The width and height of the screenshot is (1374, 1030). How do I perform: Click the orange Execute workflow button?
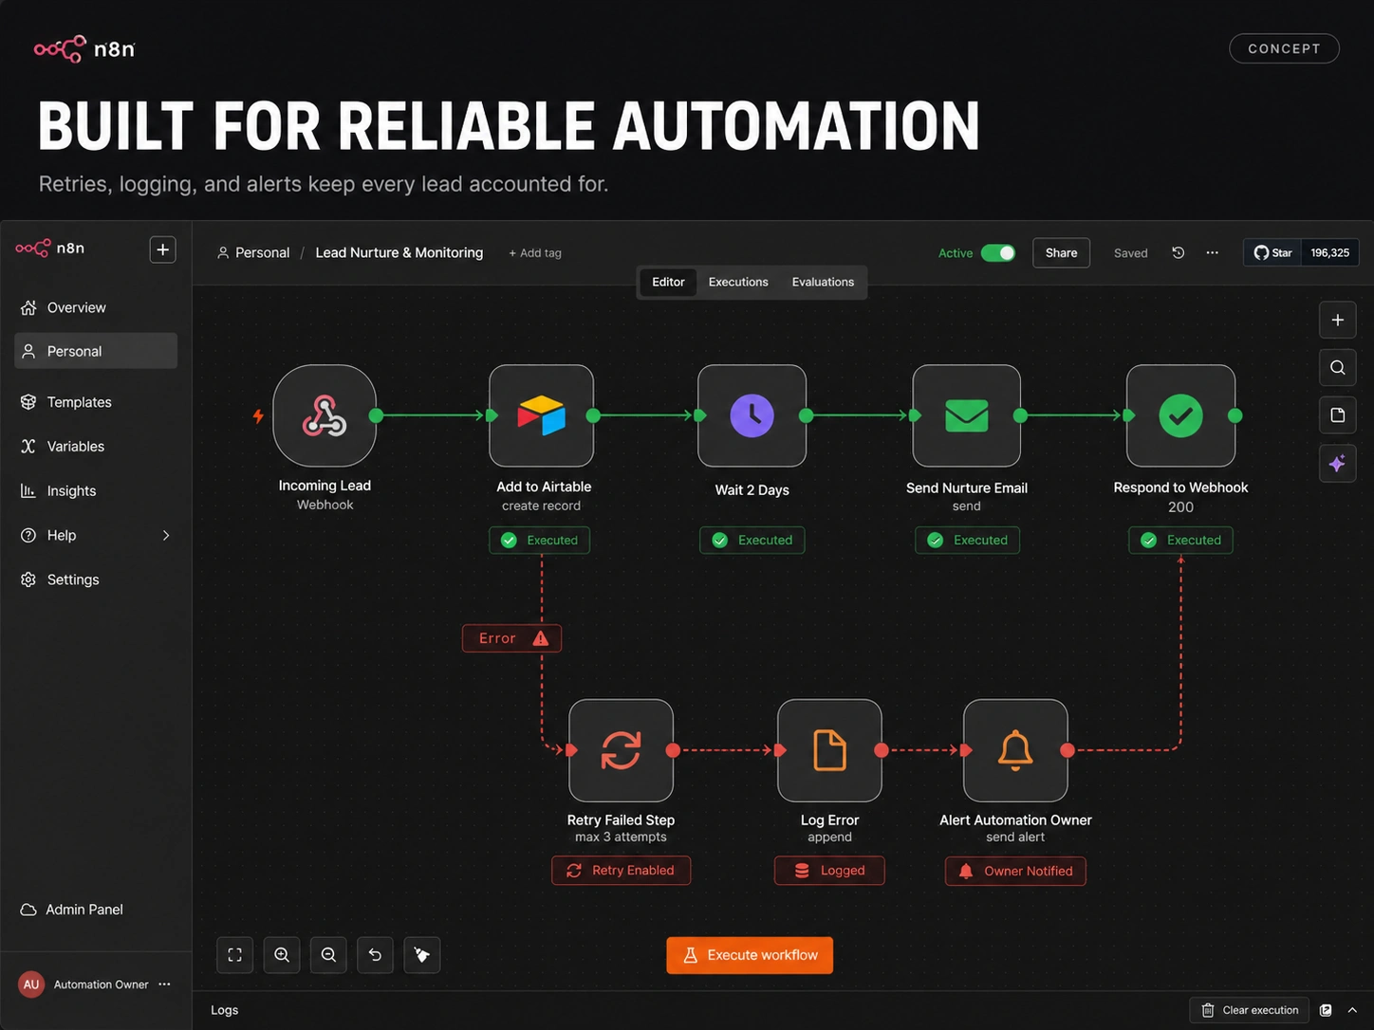click(750, 954)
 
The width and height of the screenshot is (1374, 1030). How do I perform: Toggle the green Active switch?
click(998, 252)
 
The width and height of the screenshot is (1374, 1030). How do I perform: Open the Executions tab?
click(738, 282)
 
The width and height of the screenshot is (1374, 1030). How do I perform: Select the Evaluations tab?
click(823, 282)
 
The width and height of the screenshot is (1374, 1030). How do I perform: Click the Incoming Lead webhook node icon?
click(325, 415)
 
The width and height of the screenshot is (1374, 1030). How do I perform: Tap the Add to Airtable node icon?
click(542, 415)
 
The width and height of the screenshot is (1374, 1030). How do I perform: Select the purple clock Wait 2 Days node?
click(752, 415)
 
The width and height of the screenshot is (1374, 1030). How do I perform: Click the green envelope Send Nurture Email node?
click(967, 415)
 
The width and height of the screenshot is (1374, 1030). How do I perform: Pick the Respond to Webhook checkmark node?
click(1180, 415)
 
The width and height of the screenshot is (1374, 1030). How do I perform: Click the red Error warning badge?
click(511, 638)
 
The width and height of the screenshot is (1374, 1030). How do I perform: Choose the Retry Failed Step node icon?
click(621, 750)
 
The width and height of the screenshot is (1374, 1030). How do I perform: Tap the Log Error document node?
click(829, 750)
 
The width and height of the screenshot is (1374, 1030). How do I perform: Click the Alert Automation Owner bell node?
click(1015, 750)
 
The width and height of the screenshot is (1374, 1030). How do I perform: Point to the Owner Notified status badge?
click(1015, 871)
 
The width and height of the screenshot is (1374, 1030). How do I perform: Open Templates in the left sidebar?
click(79, 402)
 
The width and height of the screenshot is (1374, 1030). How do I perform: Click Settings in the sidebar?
click(73, 579)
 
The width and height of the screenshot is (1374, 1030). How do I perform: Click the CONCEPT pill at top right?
click(1284, 48)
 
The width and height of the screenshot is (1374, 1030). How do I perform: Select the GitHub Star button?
click(1272, 252)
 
